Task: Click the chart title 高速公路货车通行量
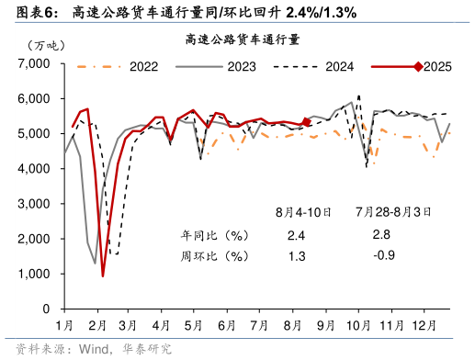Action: pos(243,39)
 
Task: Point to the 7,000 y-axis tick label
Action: pos(35,63)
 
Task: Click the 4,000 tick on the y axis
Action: pos(35,169)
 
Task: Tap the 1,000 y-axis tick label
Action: pos(35,275)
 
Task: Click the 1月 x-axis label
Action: pos(65,325)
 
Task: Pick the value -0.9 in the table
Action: pos(383,254)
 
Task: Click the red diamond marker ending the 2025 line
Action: pos(307,120)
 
